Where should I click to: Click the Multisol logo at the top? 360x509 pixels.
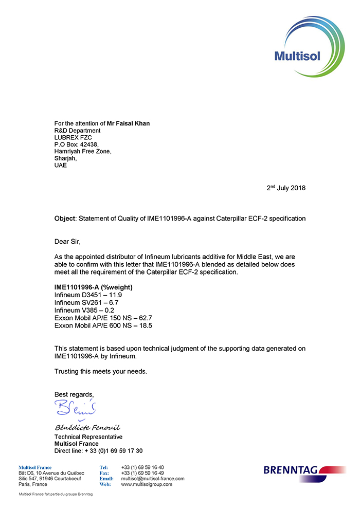(300, 47)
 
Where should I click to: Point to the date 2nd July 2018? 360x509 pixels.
(286, 188)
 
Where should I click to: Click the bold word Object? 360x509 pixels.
(65, 219)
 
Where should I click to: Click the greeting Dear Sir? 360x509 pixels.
(68, 241)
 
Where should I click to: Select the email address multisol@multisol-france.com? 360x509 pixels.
(152, 479)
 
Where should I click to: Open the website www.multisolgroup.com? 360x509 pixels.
(147, 484)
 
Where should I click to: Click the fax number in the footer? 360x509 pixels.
(142, 473)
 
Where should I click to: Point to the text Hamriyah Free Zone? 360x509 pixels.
(82, 152)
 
